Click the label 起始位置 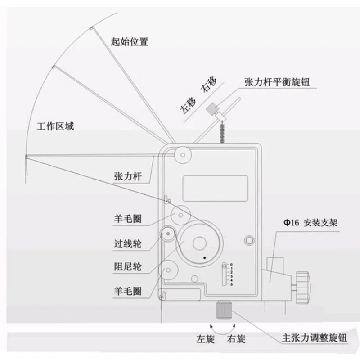pos(130,41)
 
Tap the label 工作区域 pos(55,126)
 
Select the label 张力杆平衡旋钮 pos(277,82)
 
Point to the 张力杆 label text pos(128,176)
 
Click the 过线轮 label pos(128,243)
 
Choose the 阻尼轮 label pos(128,266)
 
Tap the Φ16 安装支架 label pos(310,222)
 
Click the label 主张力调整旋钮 pos(314,338)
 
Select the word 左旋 pos(206,339)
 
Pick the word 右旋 pos(236,339)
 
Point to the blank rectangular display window pos(215,189)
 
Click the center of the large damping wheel pos(199,243)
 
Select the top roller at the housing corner pos(183,155)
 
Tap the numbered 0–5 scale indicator pos(227,274)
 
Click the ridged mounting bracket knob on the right pos(302,288)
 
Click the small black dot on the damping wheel pos(205,258)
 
